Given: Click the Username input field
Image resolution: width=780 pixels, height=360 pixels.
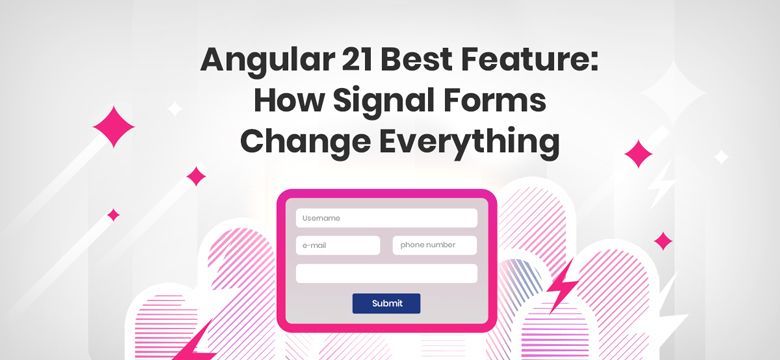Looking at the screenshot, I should pyautogui.click(x=386, y=218).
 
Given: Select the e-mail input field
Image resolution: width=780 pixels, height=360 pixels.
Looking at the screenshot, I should pyautogui.click(x=338, y=246).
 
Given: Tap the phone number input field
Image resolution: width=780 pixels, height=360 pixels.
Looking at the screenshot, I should pyautogui.click(x=434, y=246).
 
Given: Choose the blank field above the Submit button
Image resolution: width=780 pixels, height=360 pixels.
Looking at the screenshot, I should pyautogui.click(x=386, y=273).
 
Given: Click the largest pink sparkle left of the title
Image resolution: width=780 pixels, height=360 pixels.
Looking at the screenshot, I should pyautogui.click(x=113, y=127).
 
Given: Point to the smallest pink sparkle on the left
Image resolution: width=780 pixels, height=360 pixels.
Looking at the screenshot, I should pyautogui.click(x=113, y=214).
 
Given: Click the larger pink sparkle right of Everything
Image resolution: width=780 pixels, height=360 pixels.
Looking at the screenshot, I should pyautogui.click(x=638, y=153).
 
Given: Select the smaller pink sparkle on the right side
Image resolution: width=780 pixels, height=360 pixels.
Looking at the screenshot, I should pyautogui.click(x=662, y=240).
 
